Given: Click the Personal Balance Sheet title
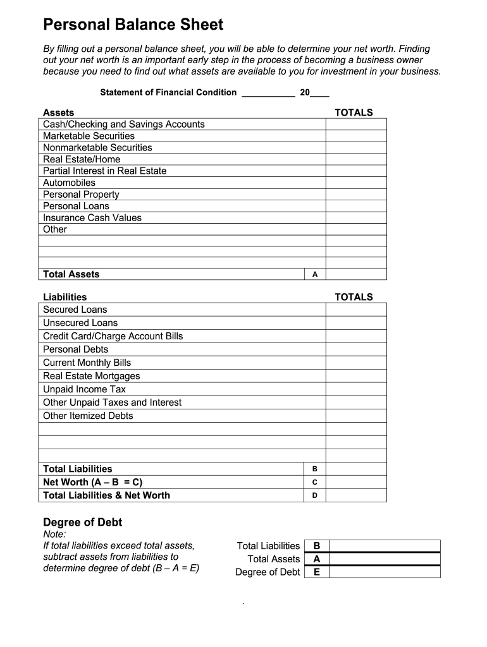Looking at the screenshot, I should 133,25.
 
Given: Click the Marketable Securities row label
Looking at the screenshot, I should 89,136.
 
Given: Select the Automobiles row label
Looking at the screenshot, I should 69,183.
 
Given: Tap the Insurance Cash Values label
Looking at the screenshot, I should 92,218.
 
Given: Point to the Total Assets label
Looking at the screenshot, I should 71,274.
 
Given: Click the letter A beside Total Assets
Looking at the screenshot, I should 314,274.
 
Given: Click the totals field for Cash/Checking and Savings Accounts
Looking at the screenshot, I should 355,124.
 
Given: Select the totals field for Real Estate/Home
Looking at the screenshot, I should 355,159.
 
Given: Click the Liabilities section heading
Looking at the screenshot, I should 65,297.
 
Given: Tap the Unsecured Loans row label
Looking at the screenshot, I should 80,323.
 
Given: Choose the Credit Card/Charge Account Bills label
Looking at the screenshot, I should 113,336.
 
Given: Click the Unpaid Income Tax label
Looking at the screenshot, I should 84,389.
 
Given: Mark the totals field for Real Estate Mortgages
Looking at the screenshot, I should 355,376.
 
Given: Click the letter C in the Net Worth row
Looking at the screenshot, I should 314,482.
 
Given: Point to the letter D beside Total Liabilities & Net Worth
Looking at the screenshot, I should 314,495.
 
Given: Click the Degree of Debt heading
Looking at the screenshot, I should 82,523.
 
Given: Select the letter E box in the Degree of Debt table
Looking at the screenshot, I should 317,572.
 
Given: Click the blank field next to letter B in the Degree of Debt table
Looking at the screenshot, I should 385,546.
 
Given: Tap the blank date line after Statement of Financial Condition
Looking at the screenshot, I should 268,93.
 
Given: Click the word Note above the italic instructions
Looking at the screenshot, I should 54,535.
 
